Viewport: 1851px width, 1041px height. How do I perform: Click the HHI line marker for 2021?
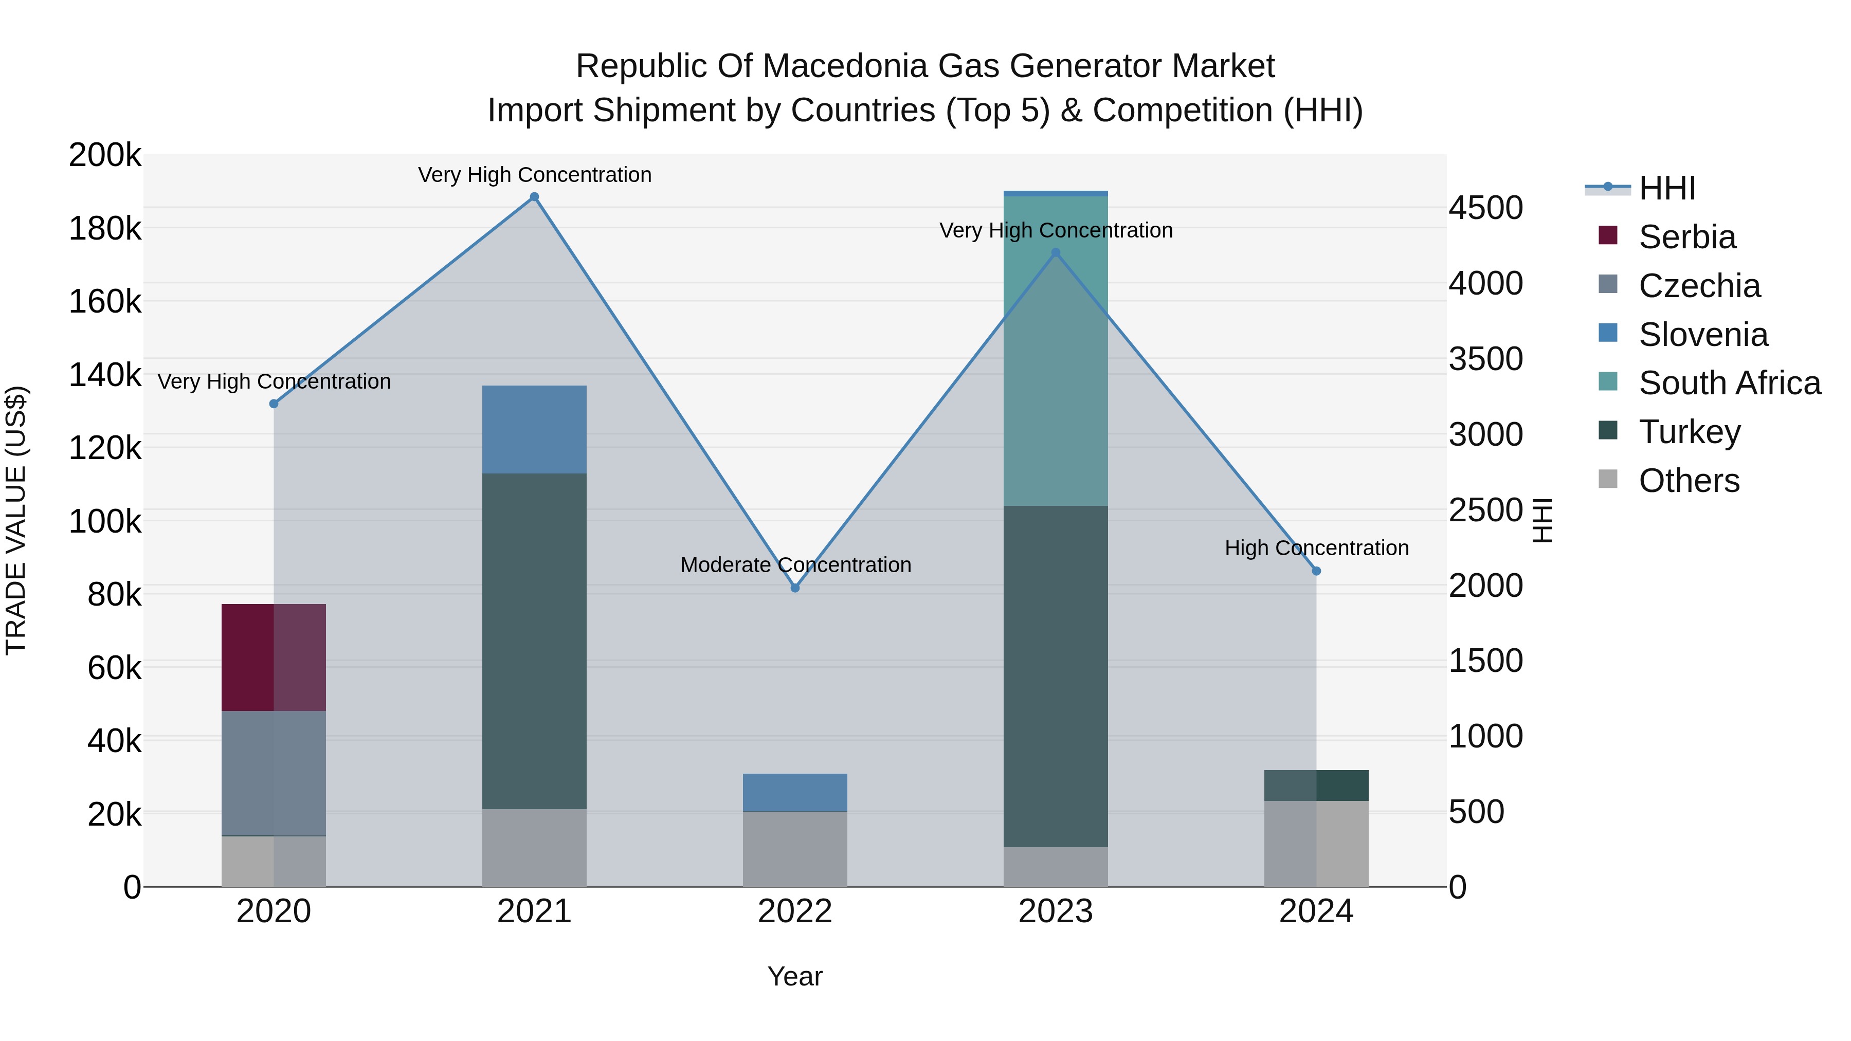[534, 197]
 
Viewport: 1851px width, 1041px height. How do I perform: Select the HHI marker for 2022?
[795, 588]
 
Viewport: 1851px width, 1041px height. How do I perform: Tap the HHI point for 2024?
[1316, 571]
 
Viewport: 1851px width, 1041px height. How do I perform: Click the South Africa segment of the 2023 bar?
[1056, 350]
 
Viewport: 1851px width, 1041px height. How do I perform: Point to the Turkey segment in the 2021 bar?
[534, 641]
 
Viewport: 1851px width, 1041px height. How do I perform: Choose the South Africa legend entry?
[1729, 383]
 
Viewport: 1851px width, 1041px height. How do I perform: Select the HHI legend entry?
[1666, 188]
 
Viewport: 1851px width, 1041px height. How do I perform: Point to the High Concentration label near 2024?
[1316, 548]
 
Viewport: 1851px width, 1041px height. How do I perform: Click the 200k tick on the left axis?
[105, 155]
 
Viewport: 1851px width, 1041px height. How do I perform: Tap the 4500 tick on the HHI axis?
[1484, 208]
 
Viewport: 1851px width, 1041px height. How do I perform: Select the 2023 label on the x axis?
[1056, 911]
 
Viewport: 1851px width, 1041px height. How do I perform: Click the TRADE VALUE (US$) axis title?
[16, 520]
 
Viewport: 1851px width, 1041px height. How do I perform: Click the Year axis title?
[795, 976]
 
